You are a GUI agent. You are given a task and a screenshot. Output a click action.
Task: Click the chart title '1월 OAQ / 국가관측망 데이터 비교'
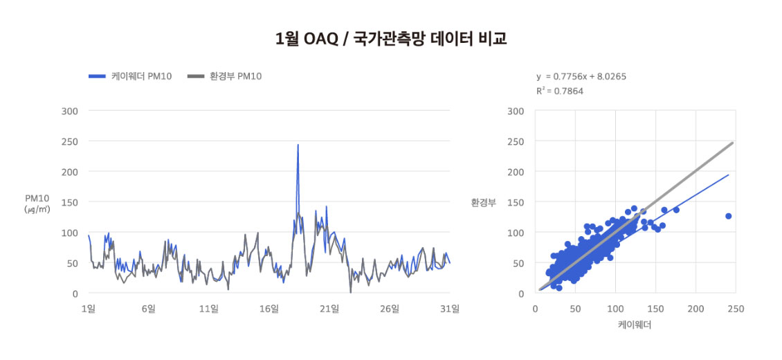tap(391, 39)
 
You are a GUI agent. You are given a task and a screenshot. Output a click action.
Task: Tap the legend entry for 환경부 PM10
tap(224, 76)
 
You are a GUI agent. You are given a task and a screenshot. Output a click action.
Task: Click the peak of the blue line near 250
tap(298, 145)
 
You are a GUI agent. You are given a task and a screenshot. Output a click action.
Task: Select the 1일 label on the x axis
tap(88, 309)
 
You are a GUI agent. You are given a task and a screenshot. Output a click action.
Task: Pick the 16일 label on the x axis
tap(269, 309)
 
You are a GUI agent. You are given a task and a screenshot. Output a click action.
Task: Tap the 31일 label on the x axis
tap(450, 309)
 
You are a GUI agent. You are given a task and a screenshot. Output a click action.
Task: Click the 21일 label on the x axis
tap(329, 309)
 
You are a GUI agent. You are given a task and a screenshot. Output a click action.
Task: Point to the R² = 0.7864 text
tap(560, 91)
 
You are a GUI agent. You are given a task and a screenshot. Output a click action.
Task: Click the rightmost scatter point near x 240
tap(728, 216)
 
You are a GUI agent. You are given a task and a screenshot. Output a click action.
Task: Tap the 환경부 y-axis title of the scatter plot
tap(483, 203)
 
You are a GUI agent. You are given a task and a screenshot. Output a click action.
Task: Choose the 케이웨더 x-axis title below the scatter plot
tap(635, 324)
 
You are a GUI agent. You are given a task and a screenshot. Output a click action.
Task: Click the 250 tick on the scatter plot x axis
tap(736, 309)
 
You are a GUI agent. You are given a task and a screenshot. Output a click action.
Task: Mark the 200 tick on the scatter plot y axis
tap(516, 172)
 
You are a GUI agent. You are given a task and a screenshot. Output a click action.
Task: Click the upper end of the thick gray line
tap(732, 143)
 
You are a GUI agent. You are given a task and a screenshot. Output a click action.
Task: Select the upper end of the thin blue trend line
tap(729, 174)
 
